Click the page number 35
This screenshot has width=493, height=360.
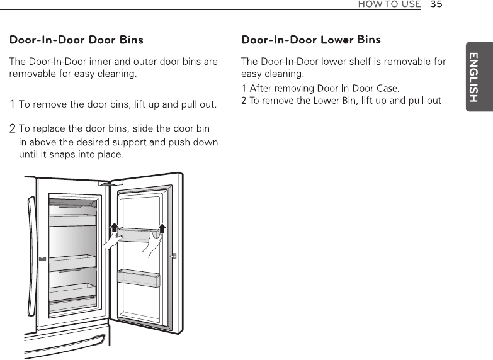coord(436,4)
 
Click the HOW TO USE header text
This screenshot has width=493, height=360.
coord(388,4)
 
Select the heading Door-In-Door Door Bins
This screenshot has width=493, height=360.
coord(76,40)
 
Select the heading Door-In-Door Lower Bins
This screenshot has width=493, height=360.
coord(311,40)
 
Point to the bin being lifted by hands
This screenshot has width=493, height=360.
coord(139,237)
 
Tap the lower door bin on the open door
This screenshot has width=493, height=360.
coord(139,277)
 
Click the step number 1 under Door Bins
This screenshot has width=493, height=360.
coord(13,104)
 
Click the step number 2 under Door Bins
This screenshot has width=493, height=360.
coord(13,130)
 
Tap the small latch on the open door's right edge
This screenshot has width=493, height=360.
coord(174,256)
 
